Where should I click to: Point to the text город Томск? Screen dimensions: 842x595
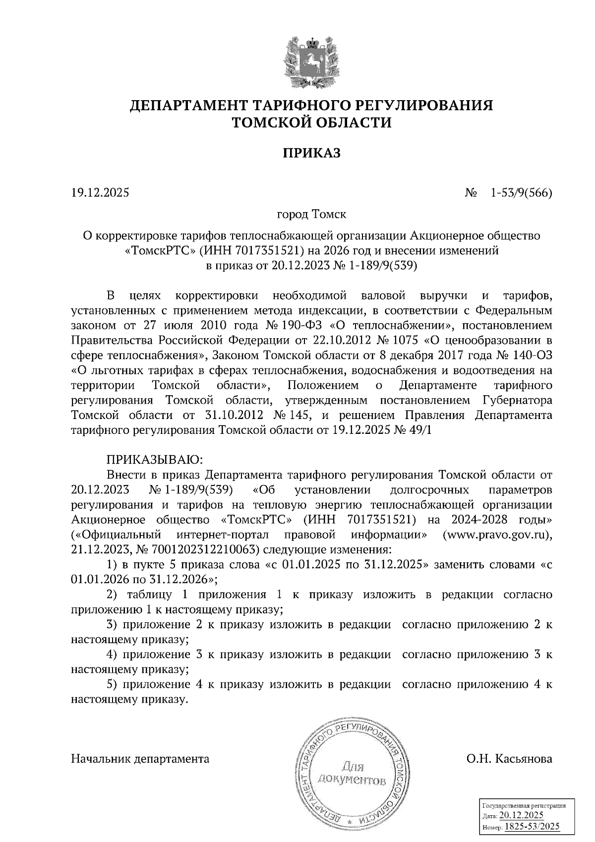point(311,215)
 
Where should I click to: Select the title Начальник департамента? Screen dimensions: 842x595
point(140,759)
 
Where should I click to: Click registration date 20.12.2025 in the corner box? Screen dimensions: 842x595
point(522,816)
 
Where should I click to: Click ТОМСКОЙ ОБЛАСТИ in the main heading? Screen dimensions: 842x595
point(312,122)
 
